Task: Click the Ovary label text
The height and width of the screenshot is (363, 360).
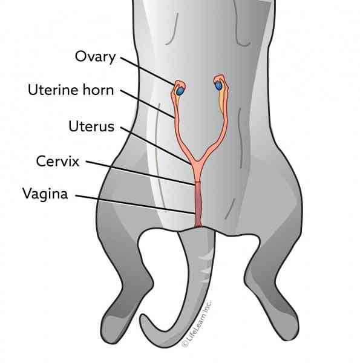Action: [x=95, y=57]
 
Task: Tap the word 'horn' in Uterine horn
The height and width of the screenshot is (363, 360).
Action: [x=98, y=90]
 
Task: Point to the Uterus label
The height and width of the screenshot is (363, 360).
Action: [x=91, y=126]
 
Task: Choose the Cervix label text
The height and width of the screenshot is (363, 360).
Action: [x=57, y=161]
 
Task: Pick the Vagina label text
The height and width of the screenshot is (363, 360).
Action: [x=45, y=194]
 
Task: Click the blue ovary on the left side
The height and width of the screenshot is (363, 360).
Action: [x=180, y=91]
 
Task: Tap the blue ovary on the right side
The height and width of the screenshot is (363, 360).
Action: [x=218, y=86]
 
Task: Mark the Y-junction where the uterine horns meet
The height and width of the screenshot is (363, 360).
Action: [x=197, y=162]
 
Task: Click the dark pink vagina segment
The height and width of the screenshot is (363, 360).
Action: [x=198, y=204]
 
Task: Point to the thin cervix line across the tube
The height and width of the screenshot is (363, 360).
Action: [x=197, y=182]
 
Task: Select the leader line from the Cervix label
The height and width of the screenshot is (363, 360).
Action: [x=140, y=173]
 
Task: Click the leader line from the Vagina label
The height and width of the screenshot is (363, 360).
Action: [x=135, y=204]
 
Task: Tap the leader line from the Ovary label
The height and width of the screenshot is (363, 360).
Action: [x=147, y=71]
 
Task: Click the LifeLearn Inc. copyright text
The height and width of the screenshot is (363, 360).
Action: [x=197, y=324]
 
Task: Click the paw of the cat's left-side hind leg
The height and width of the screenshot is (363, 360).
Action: [x=111, y=329]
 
